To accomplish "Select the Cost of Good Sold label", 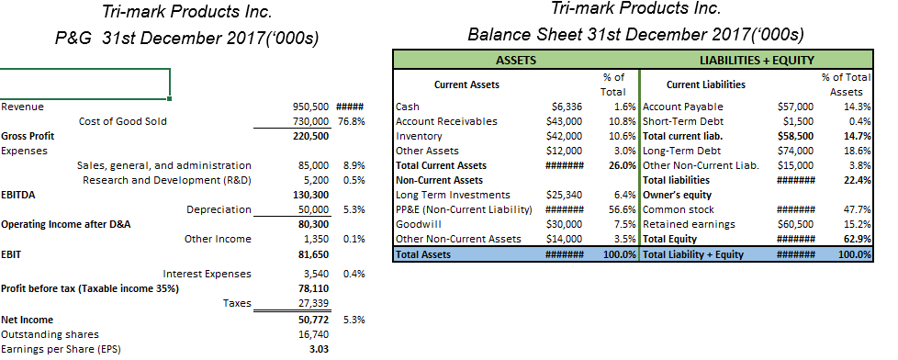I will pyautogui.click(x=123, y=121).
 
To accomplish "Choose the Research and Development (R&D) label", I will pyautogui.click(x=166, y=180).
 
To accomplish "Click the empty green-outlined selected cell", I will pyautogui.click(x=84, y=82).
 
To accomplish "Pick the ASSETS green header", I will pyautogui.click(x=516, y=60).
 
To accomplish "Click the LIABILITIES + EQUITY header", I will pyautogui.click(x=756, y=60).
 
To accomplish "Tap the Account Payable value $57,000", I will pyautogui.click(x=795, y=107).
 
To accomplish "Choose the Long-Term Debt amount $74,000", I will pyautogui.click(x=795, y=151).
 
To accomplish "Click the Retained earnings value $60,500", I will pyautogui.click(x=795, y=224).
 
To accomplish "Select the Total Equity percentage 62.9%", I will pyautogui.click(x=856, y=239).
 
